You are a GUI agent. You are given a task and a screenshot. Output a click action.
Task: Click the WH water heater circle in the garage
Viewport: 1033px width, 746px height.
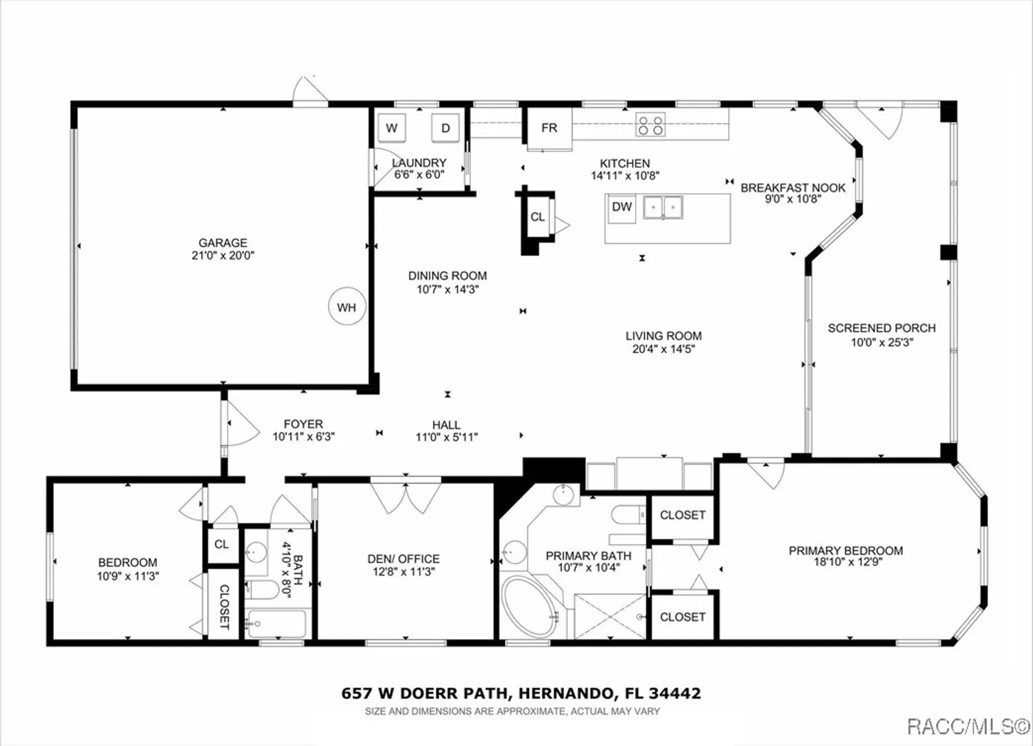[x=347, y=307]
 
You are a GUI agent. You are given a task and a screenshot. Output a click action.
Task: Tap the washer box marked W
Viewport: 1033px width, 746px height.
[x=392, y=128]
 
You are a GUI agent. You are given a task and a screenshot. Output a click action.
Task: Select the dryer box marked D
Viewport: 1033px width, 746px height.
[x=445, y=128]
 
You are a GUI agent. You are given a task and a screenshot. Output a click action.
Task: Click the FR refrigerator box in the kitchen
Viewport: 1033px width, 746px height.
[x=549, y=128]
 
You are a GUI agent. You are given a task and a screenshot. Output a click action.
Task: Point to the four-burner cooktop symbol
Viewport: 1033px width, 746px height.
[x=650, y=125]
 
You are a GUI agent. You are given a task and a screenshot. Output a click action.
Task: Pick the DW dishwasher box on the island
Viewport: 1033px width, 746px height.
[x=622, y=208]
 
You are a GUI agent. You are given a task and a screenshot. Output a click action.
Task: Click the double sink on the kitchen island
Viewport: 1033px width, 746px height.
[x=663, y=208]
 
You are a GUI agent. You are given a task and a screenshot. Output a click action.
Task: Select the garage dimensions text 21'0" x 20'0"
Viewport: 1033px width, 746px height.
[x=223, y=255]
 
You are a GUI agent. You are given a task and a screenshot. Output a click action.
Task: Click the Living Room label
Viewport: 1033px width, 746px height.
[x=663, y=336]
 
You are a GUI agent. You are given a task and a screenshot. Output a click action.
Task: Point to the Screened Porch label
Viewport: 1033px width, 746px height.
[x=881, y=328]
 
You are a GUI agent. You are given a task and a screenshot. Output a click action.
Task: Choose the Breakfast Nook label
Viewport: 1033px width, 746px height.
[x=792, y=188]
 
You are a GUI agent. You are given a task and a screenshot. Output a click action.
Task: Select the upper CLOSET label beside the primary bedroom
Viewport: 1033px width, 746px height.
[x=682, y=515]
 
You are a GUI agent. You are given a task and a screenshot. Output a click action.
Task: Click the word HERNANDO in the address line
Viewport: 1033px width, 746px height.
[x=566, y=693]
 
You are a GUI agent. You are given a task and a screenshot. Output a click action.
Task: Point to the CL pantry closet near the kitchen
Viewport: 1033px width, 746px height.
[x=537, y=217]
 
